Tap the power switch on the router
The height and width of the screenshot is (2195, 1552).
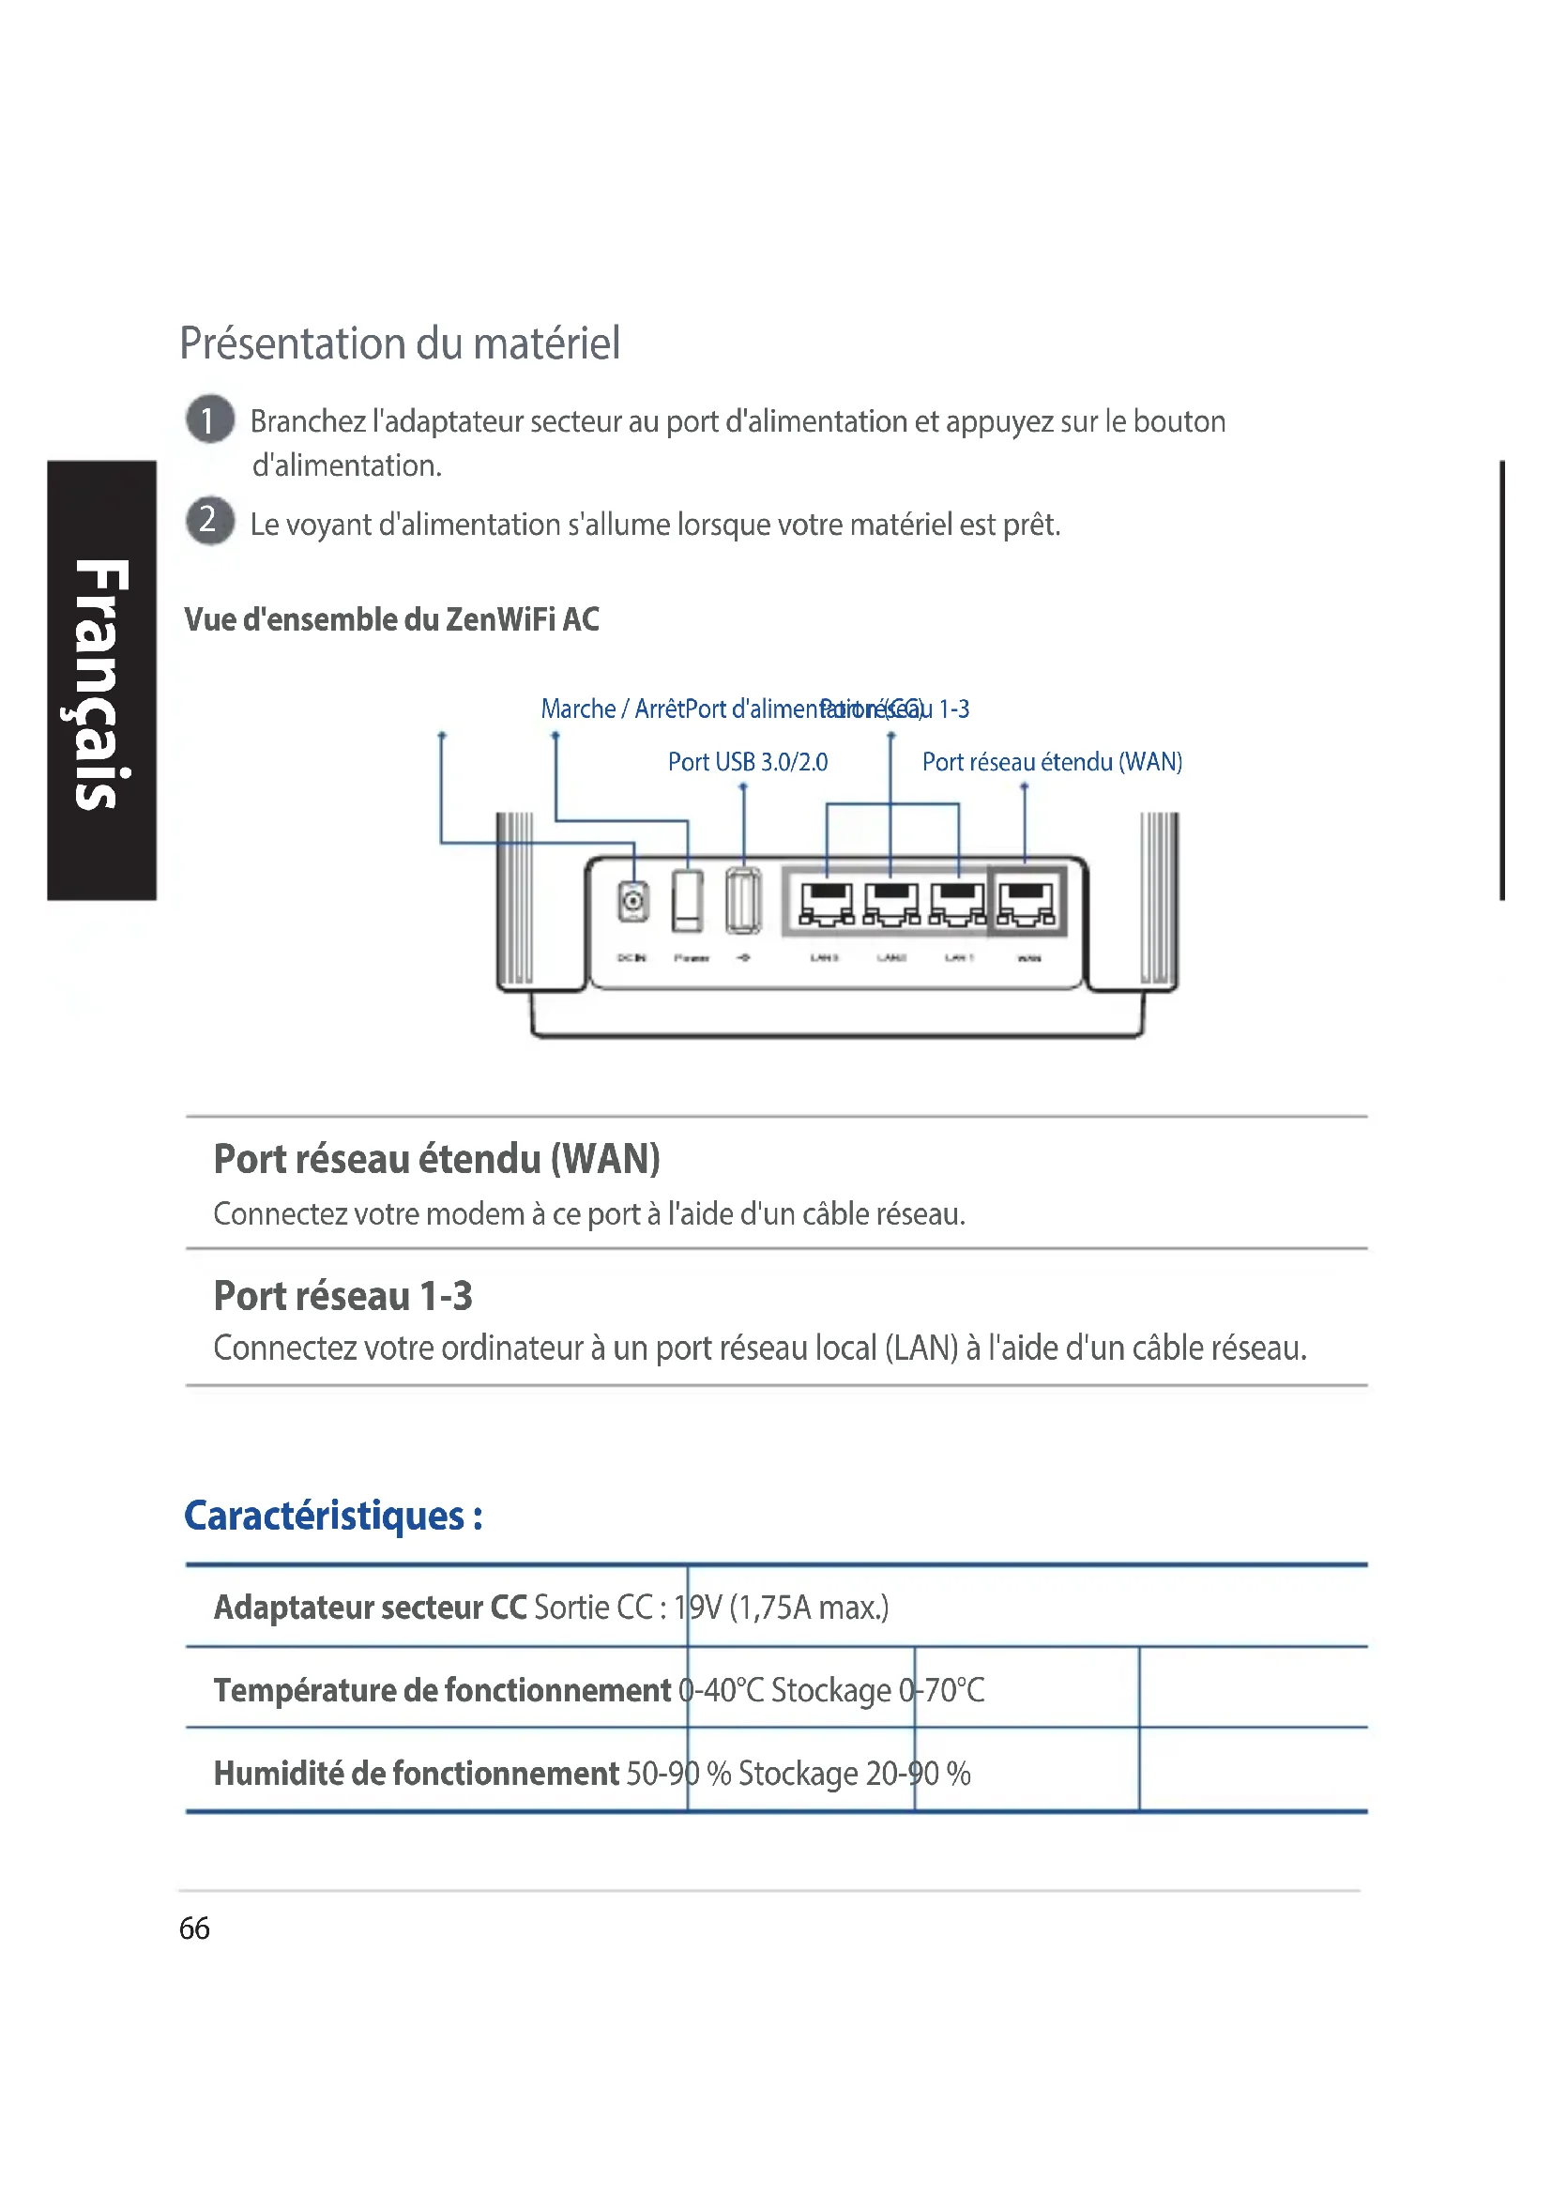point(687,900)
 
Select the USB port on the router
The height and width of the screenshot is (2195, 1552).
point(743,900)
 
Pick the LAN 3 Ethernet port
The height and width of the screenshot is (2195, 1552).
point(827,903)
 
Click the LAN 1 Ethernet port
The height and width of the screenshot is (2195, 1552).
point(958,903)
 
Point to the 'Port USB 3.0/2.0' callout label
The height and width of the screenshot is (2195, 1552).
point(747,762)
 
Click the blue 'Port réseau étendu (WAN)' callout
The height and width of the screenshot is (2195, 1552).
point(1051,762)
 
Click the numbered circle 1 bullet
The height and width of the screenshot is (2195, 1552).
point(209,419)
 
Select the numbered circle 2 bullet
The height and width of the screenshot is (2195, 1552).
point(209,521)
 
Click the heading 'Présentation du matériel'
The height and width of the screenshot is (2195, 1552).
point(400,343)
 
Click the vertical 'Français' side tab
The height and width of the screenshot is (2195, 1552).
point(100,680)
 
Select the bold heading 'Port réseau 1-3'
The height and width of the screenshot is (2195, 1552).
point(342,1295)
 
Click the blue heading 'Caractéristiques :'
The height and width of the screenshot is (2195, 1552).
point(332,1516)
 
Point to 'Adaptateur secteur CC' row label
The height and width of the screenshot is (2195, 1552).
point(370,1607)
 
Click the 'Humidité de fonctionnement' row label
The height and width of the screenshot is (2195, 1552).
point(416,1774)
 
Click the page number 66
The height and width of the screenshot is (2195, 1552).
point(194,1928)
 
